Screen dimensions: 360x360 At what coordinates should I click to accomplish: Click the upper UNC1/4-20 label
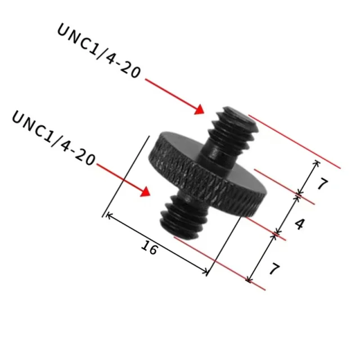(x=99, y=51)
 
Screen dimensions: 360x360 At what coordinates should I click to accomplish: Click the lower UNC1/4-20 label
(x=53, y=138)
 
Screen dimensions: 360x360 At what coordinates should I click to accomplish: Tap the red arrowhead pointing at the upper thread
(x=199, y=109)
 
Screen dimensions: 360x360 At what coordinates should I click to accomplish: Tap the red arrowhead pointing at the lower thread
(x=145, y=191)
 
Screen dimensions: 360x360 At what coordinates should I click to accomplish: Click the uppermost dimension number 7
(x=322, y=184)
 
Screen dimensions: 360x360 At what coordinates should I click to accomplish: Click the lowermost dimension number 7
(x=274, y=269)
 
